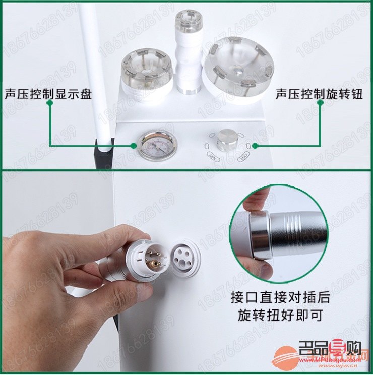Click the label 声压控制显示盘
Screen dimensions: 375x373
(x=48, y=94)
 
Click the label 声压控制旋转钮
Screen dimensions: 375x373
(x=319, y=94)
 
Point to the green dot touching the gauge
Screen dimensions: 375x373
(x=134, y=146)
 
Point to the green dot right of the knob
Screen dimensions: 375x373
(x=256, y=146)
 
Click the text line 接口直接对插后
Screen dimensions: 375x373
(x=280, y=297)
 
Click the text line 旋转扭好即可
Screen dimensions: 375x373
(x=280, y=316)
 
